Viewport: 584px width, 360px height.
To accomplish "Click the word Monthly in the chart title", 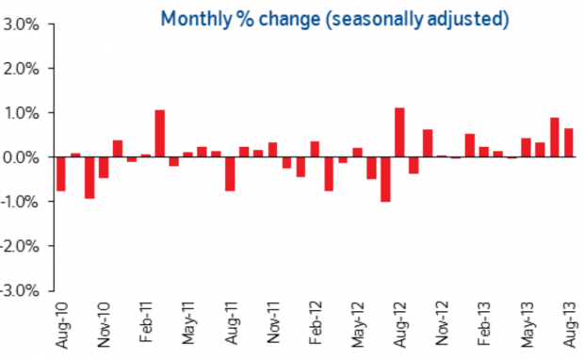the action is pos(196,19).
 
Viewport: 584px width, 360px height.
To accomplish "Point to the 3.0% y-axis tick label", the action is pos(22,25).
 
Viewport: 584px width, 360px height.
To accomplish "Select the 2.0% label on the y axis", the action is pos(22,70).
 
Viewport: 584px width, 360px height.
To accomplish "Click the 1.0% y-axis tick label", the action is pos(22,114).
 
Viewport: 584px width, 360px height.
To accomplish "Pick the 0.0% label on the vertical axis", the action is pos(21,157).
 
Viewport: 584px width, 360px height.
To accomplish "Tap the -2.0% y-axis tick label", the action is pos(20,246).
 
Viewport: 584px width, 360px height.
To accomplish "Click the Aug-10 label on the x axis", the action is pos(62,325).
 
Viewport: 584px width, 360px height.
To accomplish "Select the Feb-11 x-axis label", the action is pos(146,322).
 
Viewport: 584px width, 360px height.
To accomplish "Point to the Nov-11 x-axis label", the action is pos(274,322).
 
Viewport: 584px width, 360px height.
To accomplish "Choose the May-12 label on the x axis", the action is pos(358,325).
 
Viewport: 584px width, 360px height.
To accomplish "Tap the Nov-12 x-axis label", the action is pos(442,323).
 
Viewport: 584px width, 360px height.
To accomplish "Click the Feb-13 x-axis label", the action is pos(484,323).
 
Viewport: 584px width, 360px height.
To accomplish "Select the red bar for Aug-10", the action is pos(61,174).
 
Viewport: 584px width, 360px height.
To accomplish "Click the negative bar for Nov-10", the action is pos(104,168).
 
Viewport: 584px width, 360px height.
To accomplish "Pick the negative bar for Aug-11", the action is pos(230,174).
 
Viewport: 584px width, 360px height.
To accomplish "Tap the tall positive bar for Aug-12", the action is pos(399,132).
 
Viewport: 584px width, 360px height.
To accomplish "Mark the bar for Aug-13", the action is pos(569,142).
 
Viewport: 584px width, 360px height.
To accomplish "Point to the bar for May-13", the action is pos(526,148).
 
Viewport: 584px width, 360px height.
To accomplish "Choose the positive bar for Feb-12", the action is pos(315,149).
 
